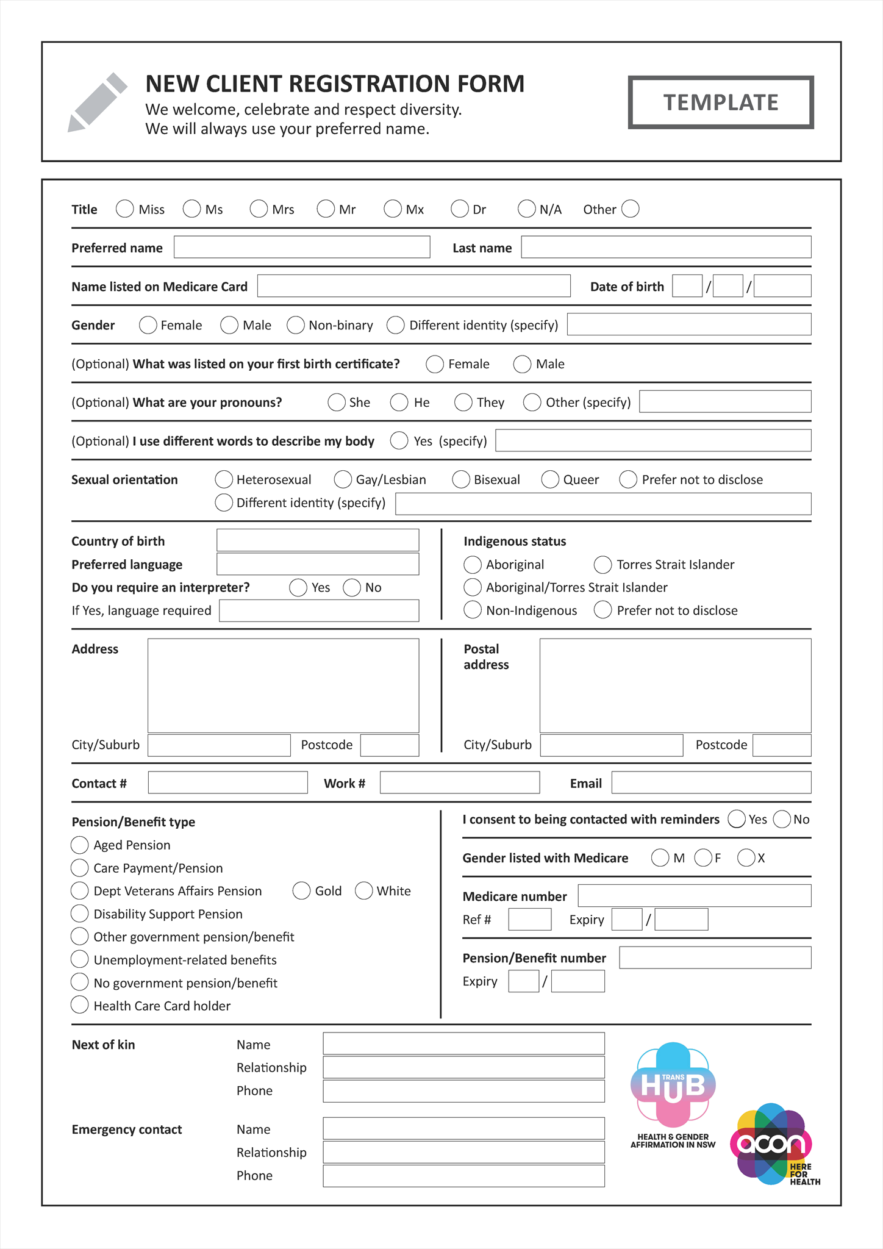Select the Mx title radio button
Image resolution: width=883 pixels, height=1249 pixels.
(x=393, y=209)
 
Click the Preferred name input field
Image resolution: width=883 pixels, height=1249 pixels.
(x=302, y=247)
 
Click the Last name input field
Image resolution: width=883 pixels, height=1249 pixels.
(x=666, y=247)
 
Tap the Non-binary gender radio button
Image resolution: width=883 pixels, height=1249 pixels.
(x=296, y=325)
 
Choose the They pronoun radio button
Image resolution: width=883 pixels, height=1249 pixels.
(x=463, y=403)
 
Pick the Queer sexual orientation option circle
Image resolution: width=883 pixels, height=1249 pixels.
(x=550, y=479)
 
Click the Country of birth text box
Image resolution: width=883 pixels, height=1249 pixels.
(x=318, y=540)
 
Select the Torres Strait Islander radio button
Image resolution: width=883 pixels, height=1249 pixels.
(x=603, y=565)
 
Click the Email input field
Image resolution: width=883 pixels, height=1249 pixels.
(x=711, y=782)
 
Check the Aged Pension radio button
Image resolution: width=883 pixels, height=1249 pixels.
(x=80, y=845)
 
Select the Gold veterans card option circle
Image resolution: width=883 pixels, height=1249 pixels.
(x=301, y=891)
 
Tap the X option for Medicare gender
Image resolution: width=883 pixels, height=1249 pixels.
(x=746, y=858)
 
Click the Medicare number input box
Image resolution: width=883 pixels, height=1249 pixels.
(x=694, y=896)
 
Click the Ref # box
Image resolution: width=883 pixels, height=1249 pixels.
(x=529, y=919)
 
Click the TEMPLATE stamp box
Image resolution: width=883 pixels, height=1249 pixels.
(x=721, y=102)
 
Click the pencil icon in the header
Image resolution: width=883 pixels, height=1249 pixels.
(x=97, y=102)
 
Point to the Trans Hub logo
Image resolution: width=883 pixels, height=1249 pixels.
(x=673, y=1092)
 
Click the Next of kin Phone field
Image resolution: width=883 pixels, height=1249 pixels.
(x=463, y=1091)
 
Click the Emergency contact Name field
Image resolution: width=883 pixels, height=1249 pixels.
(x=463, y=1128)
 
